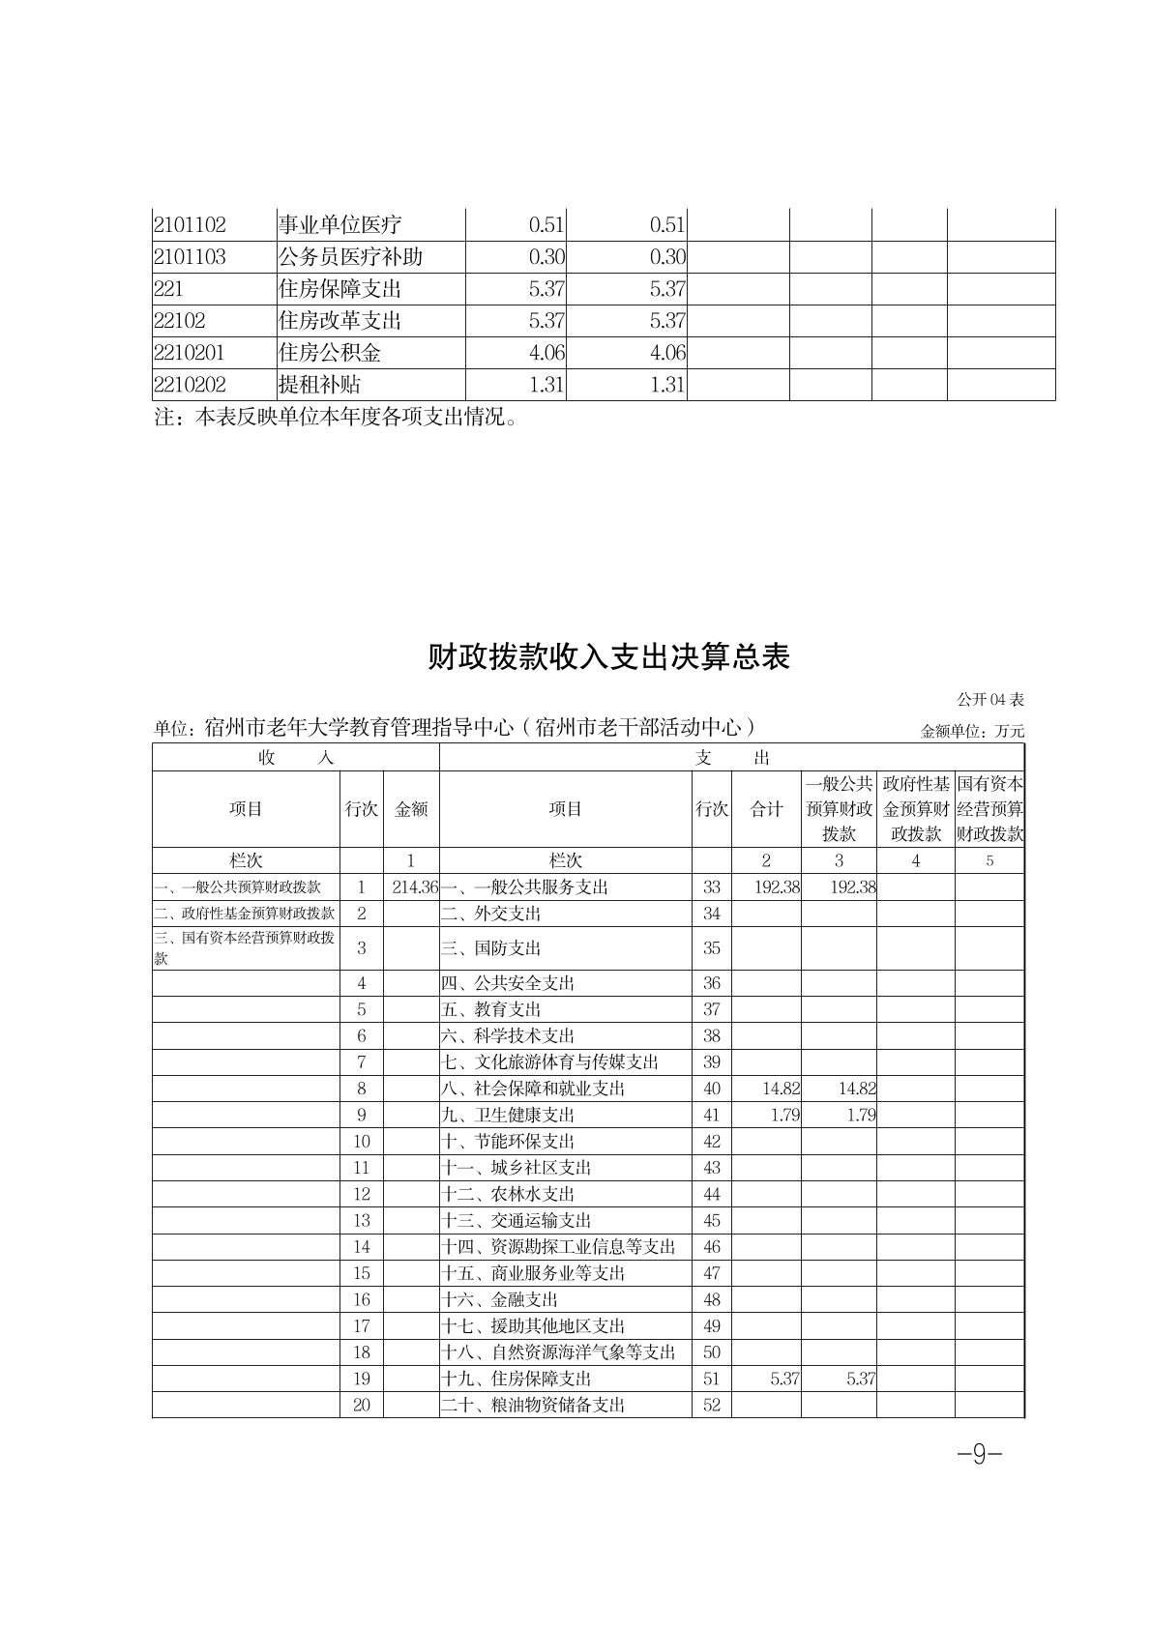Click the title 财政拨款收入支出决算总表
click(x=609, y=657)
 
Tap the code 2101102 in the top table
click(x=190, y=225)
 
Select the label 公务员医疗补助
click(x=350, y=257)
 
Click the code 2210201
click(x=189, y=353)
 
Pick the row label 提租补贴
click(x=319, y=385)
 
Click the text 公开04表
click(x=990, y=699)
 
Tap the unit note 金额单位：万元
click(x=972, y=732)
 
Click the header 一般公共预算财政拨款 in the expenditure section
click(x=839, y=809)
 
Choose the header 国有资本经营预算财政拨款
click(x=989, y=809)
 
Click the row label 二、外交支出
click(x=491, y=914)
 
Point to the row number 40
click(x=712, y=1089)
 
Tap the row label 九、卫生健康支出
click(x=508, y=1115)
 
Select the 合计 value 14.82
click(x=781, y=1089)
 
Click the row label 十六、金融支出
click(x=500, y=1299)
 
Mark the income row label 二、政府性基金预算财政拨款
click(x=246, y=914)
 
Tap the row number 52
click(x=712, y=1405)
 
